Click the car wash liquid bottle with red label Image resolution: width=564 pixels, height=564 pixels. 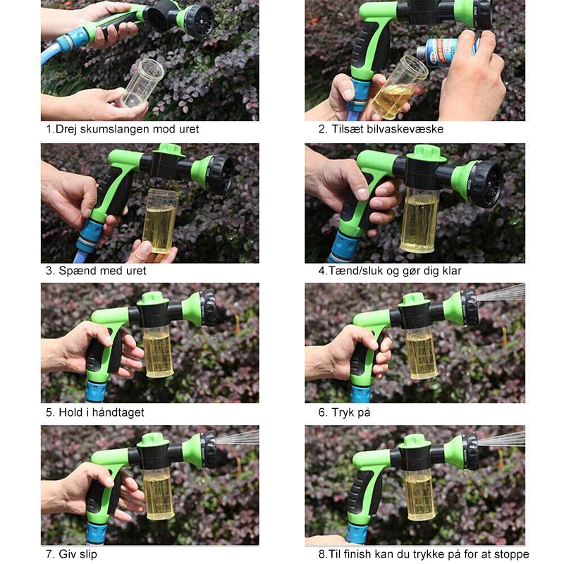click(x=448, y=52)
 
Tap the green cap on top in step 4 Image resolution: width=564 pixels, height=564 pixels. click(x=426, y=153)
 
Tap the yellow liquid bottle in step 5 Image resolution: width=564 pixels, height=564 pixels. click(x=158, y=351)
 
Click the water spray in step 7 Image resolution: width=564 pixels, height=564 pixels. click(x=238, y=437)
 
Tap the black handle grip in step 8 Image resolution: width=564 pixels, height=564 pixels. click(x=362, y=491)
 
